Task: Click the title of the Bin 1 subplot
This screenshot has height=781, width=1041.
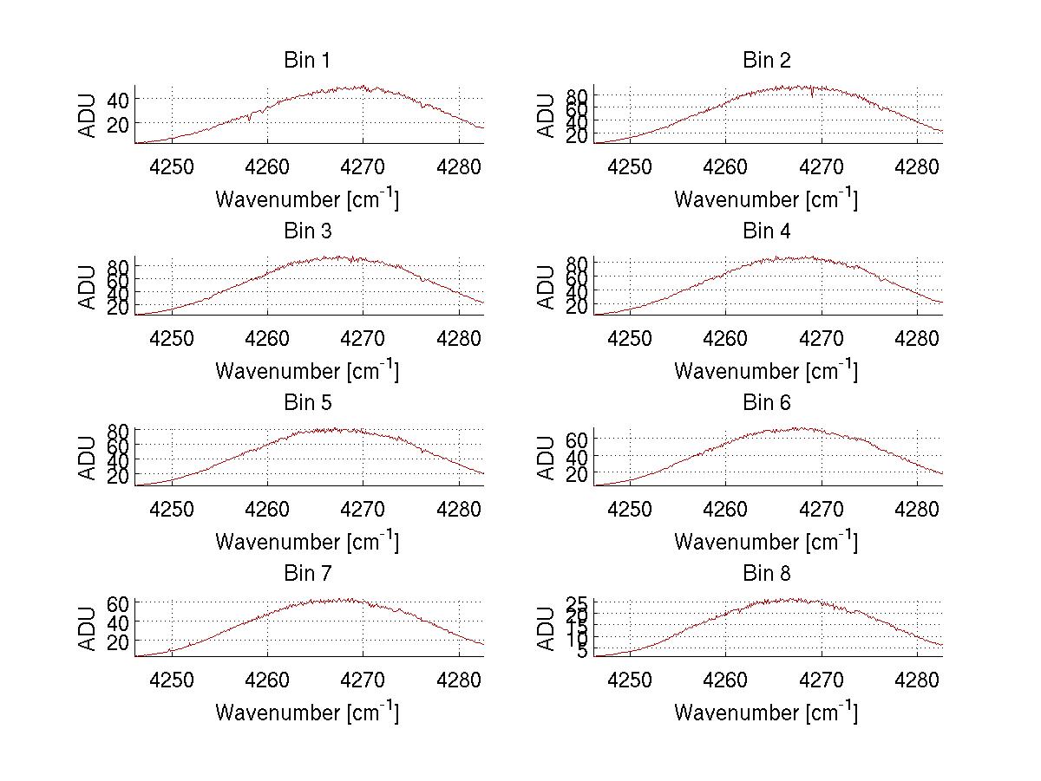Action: pyautogui.click(x=307, y=61)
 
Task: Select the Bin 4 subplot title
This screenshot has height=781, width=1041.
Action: pyautogui.click(x=766, y=231)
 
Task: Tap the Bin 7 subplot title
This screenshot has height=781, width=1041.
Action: pyautogui.click(x=307, y=574)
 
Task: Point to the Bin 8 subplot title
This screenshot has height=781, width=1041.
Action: pyautogui.click(x=766, y=574)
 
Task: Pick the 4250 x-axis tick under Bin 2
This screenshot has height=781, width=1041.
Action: pyautogui.click(x=631, y=165)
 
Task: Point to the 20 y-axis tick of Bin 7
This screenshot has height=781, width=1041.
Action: pyautogui.click(x=118, y=641)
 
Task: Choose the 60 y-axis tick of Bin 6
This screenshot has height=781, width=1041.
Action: pyautogui.click(x=577, y=439)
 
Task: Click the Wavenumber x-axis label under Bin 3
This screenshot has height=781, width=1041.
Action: pyautogui.click(x=307, y=370)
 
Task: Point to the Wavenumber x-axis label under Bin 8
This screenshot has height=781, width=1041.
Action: pyautogui.click(x=766, y=713)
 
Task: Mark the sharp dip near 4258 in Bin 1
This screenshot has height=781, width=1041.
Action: pyautogui.click(x=249, y=119)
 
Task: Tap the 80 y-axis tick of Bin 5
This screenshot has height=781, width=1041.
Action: pyautogui.click(x=118, y=431)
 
